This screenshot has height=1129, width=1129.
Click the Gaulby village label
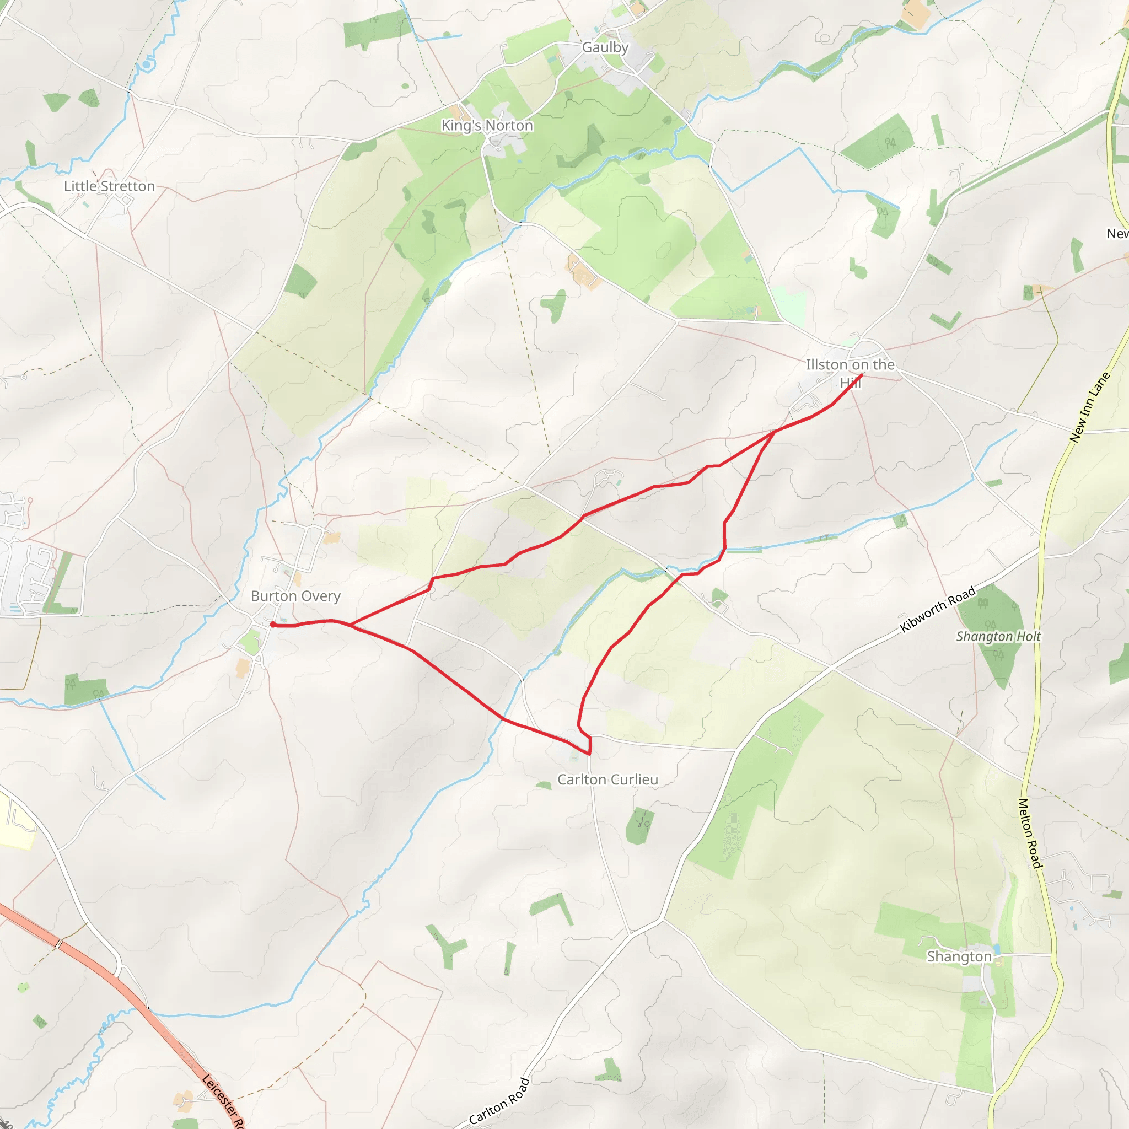pyautogui.click(x=605, y=47)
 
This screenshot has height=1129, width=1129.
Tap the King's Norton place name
pyautogui.click(x=487, y=126)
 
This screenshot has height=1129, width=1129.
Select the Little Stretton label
pyautogui.click(x=109, y=186)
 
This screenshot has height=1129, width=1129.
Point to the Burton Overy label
pyautogui.click(x=295, y=596)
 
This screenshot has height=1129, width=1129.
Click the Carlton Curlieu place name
pyautogui.click(x=607, y=779)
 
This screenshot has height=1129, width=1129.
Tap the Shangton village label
pyautogui.click(x=959, y=956)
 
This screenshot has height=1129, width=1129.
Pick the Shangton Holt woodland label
pyautogui.click(x=998, y=636)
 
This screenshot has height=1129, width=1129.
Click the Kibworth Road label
pyautogui.click(x=937, y=609)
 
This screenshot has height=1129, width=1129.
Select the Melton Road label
pyautogui.click(x=1030, y=834)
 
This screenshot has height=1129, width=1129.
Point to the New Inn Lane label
pyautogui.click(x=1089, y=407)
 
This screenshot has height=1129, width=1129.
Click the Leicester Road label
pyautogui.click(x=223, y=1102)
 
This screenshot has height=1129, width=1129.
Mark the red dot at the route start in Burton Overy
pyautogui.click(x=273, y=625)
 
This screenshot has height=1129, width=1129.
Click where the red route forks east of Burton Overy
pyautogui.click(x=350, y=625)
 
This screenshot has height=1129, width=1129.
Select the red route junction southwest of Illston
pyautogui.click(x=775, y=432)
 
